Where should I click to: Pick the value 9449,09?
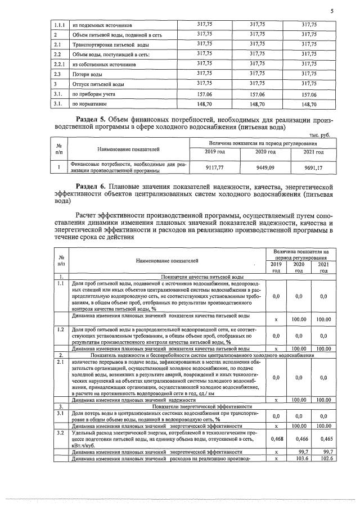click(x=264, y=166)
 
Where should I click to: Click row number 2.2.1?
click(x=60, y=65)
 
